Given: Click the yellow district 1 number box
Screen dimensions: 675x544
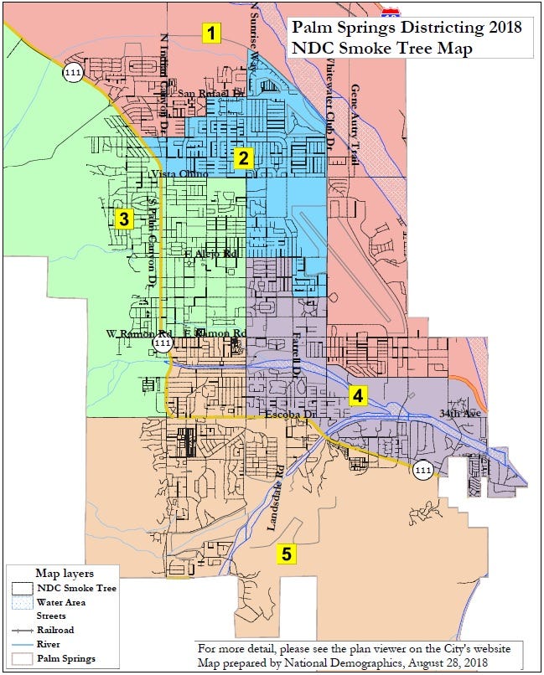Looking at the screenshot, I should (x=213, y=33).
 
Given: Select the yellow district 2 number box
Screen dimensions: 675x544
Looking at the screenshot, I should (x=243, y=158).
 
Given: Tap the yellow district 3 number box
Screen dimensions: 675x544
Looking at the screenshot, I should (x=124, y=219).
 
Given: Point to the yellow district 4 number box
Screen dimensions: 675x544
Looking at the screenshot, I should (x=358, y=394).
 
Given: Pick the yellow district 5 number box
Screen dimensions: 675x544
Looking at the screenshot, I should (x=287, y=554).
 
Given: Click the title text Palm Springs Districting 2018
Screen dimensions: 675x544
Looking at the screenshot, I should (x=407, y=28).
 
